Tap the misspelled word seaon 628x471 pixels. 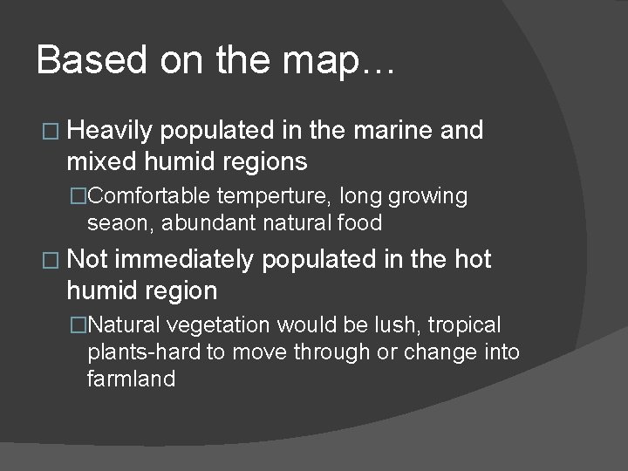click(x=114, y=223)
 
